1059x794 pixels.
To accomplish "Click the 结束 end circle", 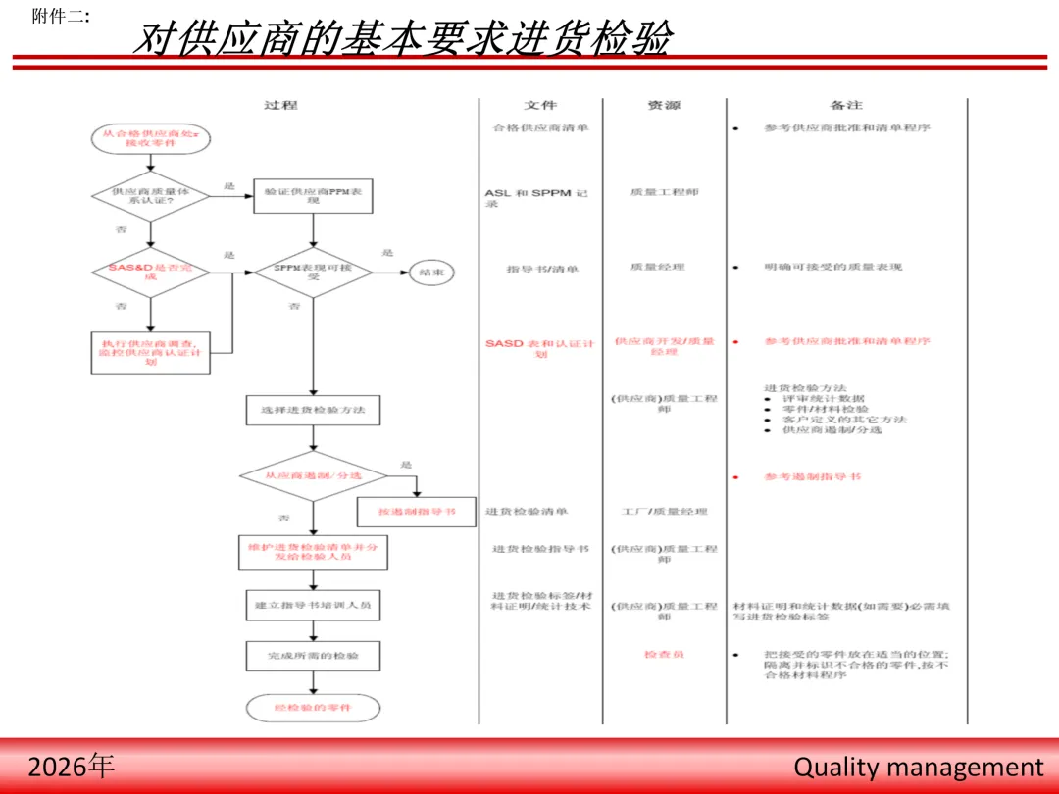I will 431,273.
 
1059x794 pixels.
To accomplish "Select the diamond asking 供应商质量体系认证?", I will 151,197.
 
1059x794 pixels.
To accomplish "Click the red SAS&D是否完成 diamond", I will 151,272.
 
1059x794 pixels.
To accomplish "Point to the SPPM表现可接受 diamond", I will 313,273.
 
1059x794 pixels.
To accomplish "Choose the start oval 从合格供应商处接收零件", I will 151,138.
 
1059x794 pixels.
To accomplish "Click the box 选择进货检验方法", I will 313,410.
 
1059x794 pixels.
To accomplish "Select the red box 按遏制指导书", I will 417,512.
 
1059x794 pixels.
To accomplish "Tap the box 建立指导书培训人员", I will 313,606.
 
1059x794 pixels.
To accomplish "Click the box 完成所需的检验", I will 313,656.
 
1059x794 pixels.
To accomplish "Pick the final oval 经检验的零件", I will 313,707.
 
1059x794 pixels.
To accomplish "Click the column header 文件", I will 540,105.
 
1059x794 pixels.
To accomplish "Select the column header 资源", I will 664,105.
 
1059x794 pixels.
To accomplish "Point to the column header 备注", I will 845,105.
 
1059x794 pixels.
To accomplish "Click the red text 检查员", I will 664,654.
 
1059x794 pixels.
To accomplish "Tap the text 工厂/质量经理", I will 664,512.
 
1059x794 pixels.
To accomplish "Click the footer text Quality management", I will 919,767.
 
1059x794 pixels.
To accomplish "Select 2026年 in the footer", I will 72,766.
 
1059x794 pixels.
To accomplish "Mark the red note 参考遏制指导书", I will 813,477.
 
